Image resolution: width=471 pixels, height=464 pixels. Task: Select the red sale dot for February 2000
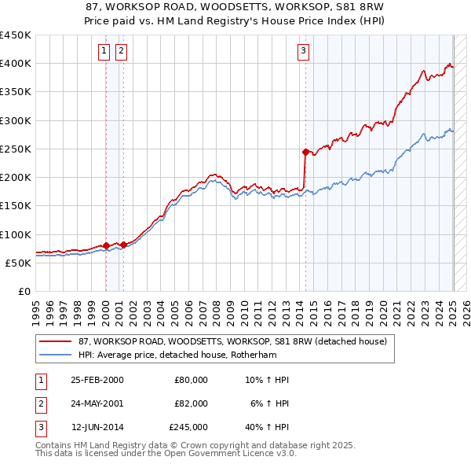tap(106, 245)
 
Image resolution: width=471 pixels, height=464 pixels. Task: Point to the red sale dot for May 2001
tap(123, 245)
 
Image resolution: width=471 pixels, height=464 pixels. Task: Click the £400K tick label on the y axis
tap(16, 64)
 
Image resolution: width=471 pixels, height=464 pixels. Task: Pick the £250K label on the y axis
tap(16, 149)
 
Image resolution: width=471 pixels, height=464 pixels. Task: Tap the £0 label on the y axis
tap(24, 291)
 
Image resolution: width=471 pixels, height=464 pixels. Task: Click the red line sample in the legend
tap(56, 342)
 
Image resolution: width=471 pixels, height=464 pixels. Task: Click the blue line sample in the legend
tap(56, 355)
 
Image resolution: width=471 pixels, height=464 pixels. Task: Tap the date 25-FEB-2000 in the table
tap(97, 380)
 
